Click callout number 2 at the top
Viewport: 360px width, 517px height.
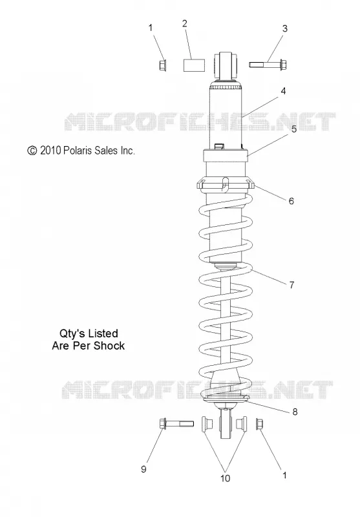[x=185, y=23]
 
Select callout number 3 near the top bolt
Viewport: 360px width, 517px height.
[x=285, y=28]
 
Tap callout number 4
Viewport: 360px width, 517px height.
[x=283, y=91]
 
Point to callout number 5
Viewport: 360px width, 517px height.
[x=294, y=129]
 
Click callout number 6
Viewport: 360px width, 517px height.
[x=291, y=201]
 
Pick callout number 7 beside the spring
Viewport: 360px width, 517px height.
[x=291, y=285]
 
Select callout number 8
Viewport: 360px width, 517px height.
[x=295, y=412]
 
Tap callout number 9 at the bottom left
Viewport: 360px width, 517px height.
[x=143, y=469]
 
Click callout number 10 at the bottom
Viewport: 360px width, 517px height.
[x=225, y=478]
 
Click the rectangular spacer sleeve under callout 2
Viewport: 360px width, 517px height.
[x=194, y=65]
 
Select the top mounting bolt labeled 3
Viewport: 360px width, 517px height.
[x=268, y=64]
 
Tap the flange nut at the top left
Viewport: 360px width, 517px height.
[x=162, y=65]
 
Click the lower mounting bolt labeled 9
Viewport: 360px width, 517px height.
[x=176, y=423]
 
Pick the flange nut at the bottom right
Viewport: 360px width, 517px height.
[x=259, y=424]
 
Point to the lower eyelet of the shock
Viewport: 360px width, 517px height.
[x=225, y=424]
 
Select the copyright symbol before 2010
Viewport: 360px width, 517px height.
[x=32, y=151]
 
